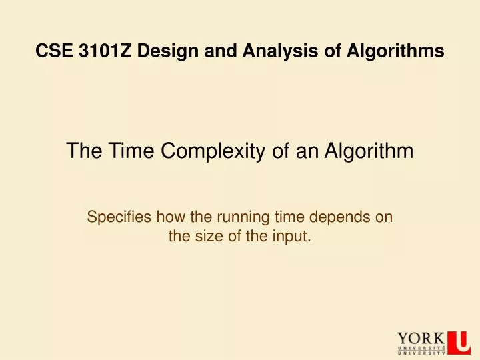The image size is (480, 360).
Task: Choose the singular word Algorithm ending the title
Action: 369,152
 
